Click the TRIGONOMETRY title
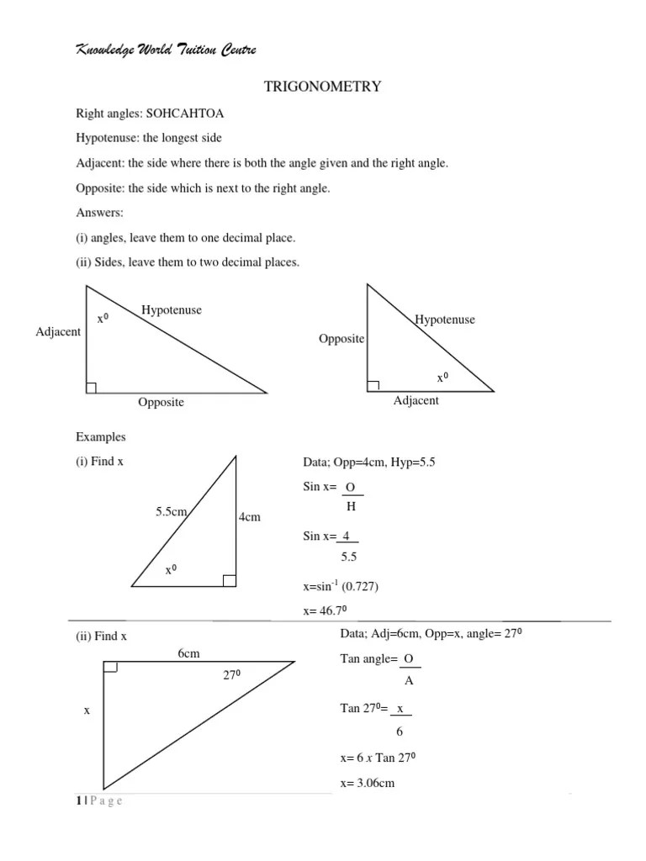pyautogui.click(x=323, y=87)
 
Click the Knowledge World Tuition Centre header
pyautogui.click(x=166, y=50)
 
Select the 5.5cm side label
pyautogui.click(x=171, y=510)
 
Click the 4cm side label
pyautogui.click(x=250, y=517)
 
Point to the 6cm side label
pyautogui.click(x=188, y=653)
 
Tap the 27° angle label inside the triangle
pyautogui.click(x=232, y=674)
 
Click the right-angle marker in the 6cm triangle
pyautogui.click(x=110, y=668)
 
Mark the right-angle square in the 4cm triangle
pyautogui.click(x=229, y=579)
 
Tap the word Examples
pyautogui.click(x=101, y=437)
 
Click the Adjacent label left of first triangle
pyautogui.click(x=58, y=331)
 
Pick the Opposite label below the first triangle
pyautogui.click(x=161, y=403)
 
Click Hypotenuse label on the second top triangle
pyautogui.click(x=444, y=320)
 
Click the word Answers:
pyautogui.click(x=100, y=214)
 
